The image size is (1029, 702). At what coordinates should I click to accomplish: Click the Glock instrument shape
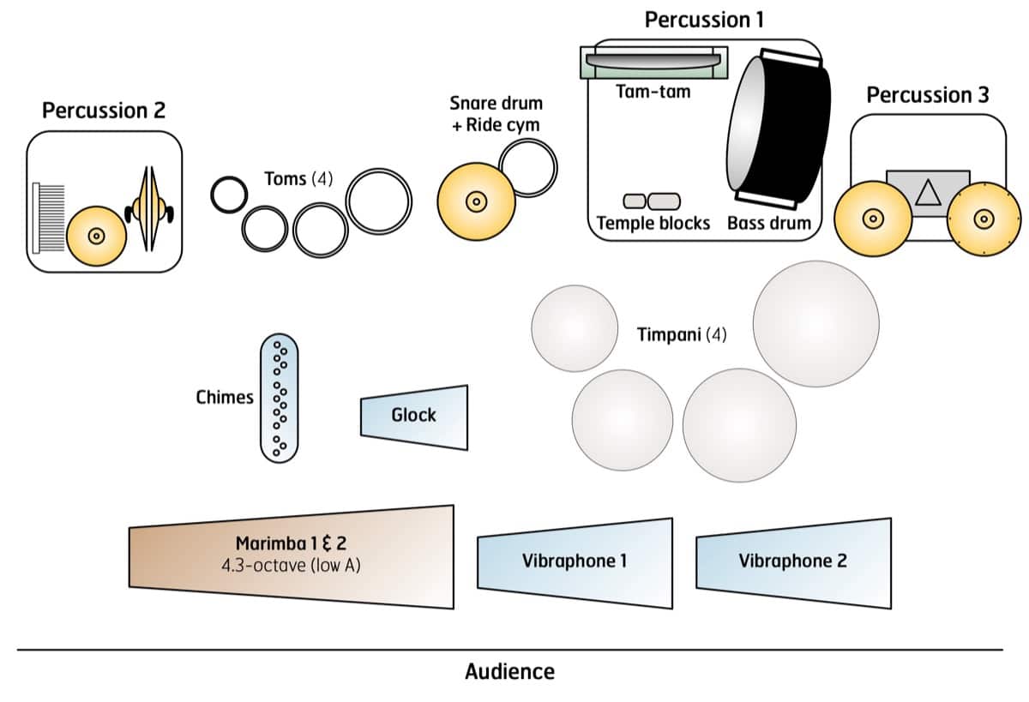coord(414,416)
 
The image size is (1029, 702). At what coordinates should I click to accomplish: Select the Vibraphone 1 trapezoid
coord(575,562)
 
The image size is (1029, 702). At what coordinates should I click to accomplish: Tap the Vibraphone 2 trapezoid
coord(793,562)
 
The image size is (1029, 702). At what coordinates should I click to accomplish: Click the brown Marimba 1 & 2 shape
coord(292,556)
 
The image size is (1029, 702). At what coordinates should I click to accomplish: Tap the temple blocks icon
coord(651,201)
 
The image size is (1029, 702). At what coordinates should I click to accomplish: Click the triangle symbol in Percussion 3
coord(927,195)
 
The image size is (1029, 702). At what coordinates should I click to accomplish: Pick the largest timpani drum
coord(815,323)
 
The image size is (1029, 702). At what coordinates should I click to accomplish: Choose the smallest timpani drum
coord(575,327)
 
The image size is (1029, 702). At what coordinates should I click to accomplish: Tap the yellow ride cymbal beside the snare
coord(475,201)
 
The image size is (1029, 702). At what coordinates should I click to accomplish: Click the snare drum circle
coord(527,169)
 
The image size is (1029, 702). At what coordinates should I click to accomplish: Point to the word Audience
coord(509,671)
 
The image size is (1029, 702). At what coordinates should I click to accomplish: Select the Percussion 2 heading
coord(104,111)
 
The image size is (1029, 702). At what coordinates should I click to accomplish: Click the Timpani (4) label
coord(682,334)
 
